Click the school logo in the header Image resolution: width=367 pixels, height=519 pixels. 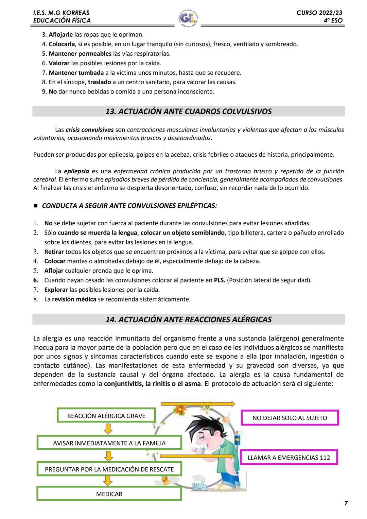point(188,17)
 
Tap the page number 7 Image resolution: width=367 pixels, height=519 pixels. point(346,503)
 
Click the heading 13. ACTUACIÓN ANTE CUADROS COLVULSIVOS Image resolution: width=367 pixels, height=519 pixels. point(189,111)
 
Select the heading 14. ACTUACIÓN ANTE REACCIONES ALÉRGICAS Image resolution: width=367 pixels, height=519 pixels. point(189,319)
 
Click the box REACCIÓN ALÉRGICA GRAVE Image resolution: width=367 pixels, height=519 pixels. point(106,416)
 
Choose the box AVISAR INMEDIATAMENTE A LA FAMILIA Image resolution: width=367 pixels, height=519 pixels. point(109,443)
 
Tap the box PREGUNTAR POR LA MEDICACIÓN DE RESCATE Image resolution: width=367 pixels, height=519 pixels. point(109,469)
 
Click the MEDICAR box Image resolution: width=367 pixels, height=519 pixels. point(109,494)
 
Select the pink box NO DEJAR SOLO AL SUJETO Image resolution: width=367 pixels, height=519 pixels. point(290,418)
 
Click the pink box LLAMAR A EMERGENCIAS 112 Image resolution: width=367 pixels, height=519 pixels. point(289,457)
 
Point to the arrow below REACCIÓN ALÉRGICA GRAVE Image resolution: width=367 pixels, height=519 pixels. point(108,429)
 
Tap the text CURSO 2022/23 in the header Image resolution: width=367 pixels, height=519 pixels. point(319,13)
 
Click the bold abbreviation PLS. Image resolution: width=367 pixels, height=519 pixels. point(219,280)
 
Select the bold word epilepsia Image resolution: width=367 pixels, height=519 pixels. point(76,171)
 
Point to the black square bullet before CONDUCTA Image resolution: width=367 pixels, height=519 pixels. point(35,206)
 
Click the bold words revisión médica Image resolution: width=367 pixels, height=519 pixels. point(74,299)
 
